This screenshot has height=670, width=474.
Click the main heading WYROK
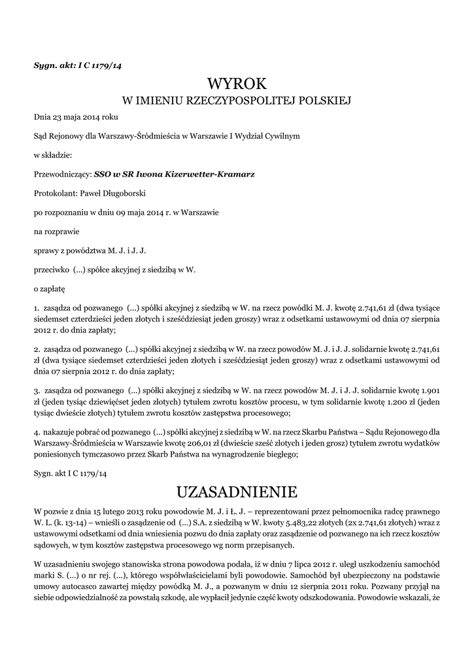(237, 84)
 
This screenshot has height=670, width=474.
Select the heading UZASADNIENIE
(237, 491)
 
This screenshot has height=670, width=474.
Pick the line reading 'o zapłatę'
(50, 287)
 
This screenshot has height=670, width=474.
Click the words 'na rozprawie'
(55, 231)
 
